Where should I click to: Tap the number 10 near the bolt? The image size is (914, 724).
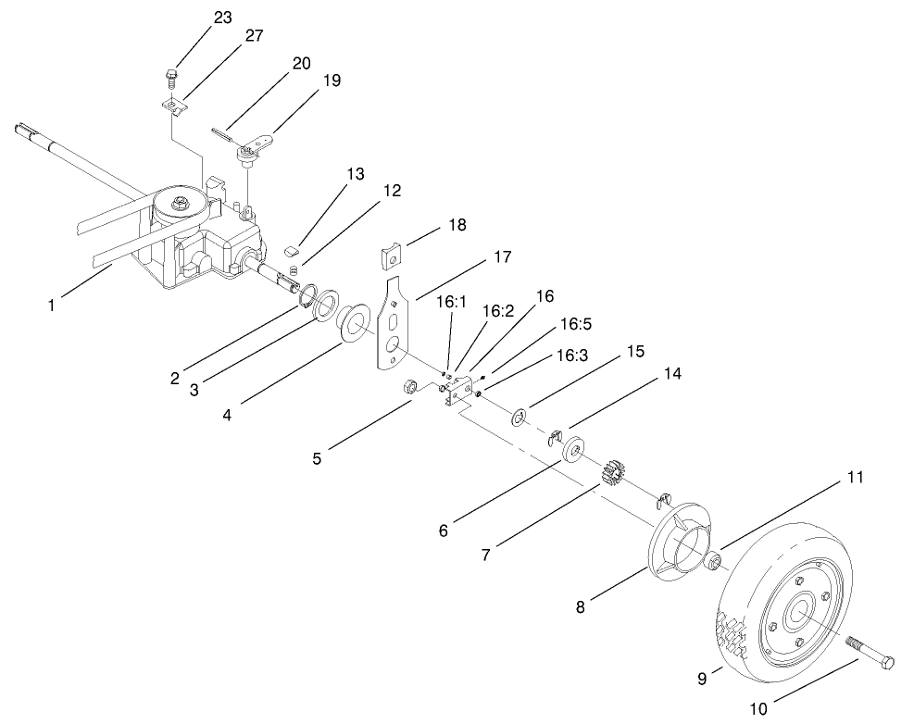[x=757, y=709]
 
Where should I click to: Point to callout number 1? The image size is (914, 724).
[x=52, y=302]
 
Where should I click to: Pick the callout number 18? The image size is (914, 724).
[x=456, y=225]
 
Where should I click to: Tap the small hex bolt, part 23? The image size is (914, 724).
[x=171, y=73]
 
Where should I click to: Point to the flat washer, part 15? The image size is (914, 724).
[x=519, y=417]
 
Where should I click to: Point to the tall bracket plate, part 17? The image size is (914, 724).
[x=394, y=324]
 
